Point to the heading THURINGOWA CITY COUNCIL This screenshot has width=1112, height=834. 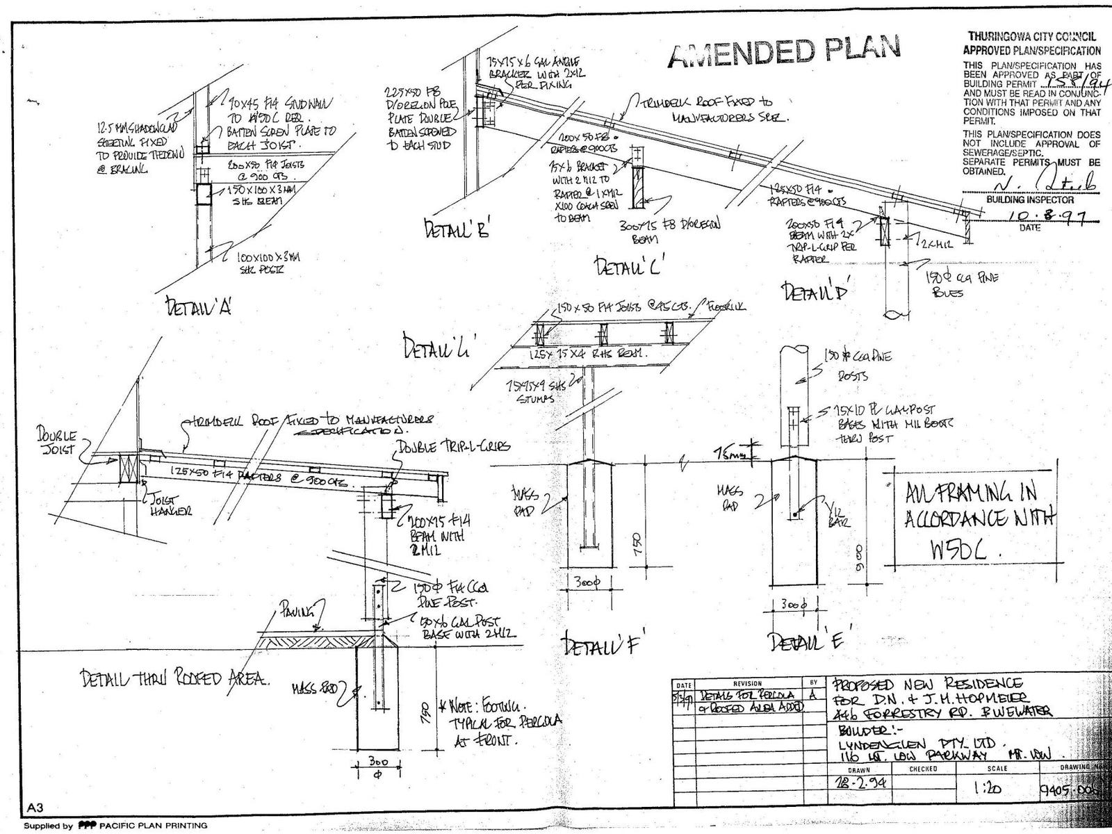coord(1031,38)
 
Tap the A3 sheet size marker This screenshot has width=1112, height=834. coord(35,807)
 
